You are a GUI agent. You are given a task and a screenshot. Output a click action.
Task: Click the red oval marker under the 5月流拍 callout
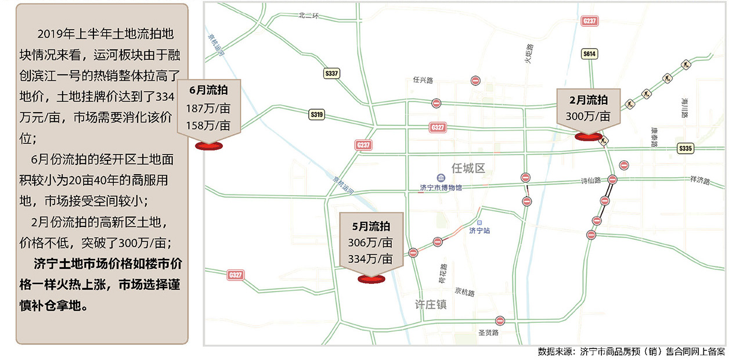371,279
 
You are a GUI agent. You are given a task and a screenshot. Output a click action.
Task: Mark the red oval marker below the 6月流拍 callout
208,146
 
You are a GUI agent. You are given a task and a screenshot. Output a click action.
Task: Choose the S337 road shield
332,73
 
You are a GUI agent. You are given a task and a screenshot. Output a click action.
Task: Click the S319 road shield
316,115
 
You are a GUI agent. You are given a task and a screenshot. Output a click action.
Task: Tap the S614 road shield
589,54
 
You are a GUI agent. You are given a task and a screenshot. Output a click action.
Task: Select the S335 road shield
686,149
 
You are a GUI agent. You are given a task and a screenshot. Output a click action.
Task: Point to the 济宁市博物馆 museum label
441,188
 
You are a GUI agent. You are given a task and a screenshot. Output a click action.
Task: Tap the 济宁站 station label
480,231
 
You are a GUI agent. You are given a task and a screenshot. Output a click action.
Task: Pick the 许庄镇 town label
430,304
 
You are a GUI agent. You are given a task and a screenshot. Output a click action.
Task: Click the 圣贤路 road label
488,333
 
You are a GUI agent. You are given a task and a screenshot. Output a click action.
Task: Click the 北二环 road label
309,15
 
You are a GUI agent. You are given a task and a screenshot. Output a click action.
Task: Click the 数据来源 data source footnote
631,352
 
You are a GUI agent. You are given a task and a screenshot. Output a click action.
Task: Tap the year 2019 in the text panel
48,33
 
